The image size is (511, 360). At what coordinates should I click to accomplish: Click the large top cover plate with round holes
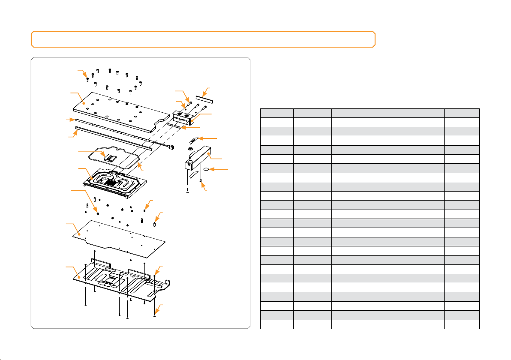(116, 109)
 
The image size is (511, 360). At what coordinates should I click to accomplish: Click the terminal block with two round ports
(184, 117)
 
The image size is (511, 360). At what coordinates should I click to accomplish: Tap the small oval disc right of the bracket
(207, 170)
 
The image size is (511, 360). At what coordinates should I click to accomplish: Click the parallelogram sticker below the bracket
(195, 174)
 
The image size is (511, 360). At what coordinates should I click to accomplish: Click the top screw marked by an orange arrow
(87, 79)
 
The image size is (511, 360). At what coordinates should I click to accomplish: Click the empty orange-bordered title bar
(203, 39)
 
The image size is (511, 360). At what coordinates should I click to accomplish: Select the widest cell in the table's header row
(388, 113)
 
